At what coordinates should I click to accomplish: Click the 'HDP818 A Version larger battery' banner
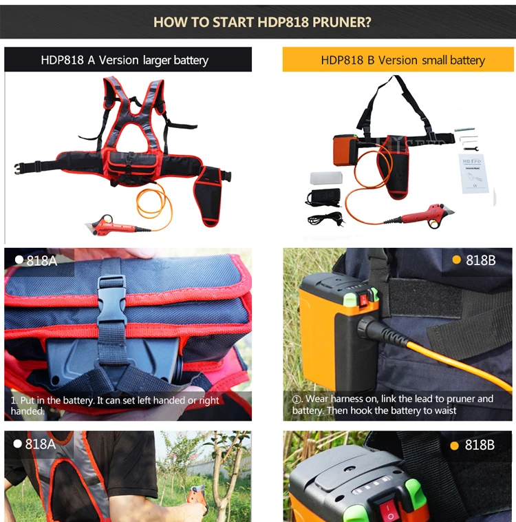[128, 60]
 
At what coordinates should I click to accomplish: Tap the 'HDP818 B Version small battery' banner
[398, 60]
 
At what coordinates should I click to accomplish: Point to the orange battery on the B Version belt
[345, 150]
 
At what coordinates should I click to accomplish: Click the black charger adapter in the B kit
[324, 196]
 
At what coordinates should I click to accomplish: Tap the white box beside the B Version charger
[326, 178]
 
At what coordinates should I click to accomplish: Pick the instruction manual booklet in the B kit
[473, 173]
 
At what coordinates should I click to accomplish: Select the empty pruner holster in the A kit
[208, 196]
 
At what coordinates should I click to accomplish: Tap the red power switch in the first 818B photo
[364, 300]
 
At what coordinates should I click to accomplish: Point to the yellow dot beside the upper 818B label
[456, 260]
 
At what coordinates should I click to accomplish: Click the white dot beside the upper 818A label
[19, 260]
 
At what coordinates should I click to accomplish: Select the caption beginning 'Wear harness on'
[393, 404]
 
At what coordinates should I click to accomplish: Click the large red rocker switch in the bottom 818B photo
[387, 508]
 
